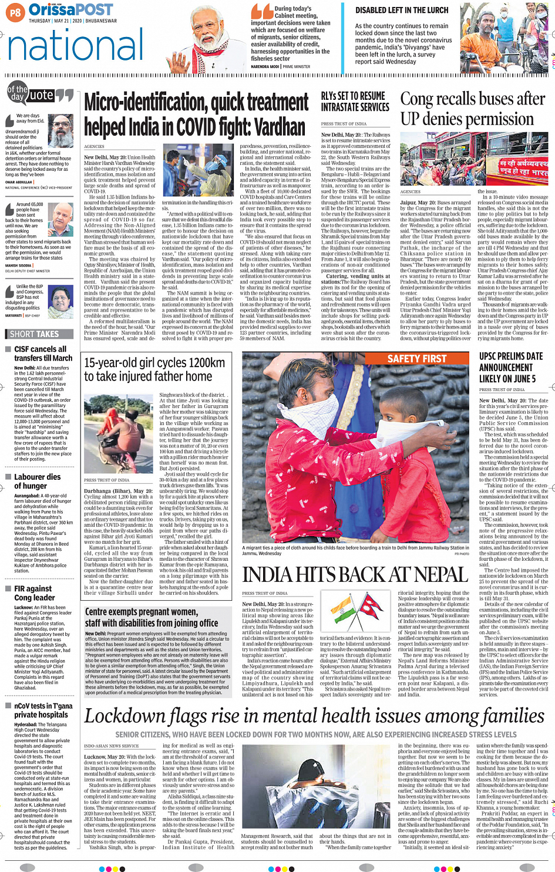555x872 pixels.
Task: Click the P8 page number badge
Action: click(15, 12)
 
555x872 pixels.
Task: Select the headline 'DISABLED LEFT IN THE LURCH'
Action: click(402, 10)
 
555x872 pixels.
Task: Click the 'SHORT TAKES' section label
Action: click(35, 334)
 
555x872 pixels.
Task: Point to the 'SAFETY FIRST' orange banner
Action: click(417, 358)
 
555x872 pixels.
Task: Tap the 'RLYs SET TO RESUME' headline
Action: click(353, 96)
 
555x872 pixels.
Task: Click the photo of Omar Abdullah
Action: click(60, 131)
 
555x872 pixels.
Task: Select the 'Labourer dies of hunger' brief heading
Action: click(37, 481)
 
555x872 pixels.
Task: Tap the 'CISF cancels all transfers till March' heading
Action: click(43, 353)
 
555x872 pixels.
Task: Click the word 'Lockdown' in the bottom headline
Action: click(122, 717)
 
